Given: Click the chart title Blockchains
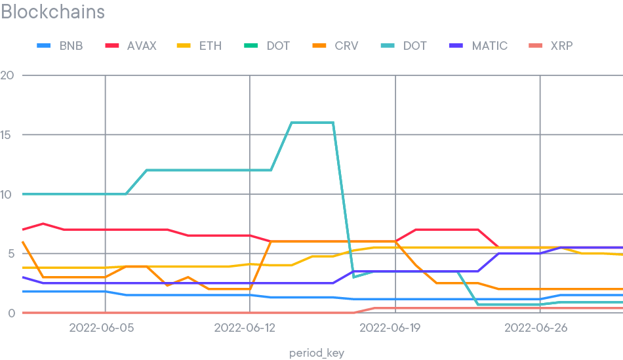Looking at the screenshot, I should click(x=52, y=12).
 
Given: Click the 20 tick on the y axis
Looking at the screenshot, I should click(x=8, y=75).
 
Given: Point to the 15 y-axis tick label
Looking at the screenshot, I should click(x=8, y=135).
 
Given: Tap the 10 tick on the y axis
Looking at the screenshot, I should click(x=8, y=194).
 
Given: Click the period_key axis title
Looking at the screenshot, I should click(x=317, y=353).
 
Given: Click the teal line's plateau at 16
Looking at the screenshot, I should click(x=312, y=123).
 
